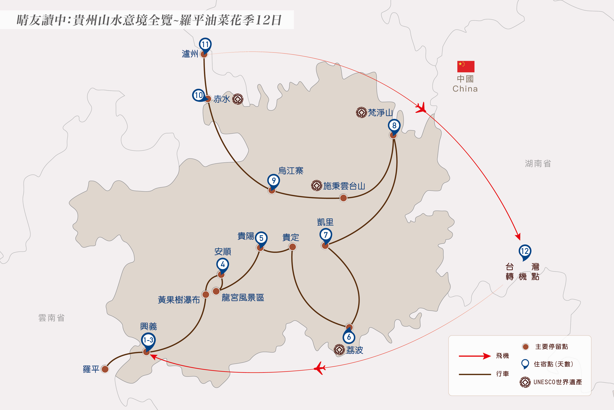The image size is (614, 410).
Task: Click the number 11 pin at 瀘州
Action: pos(205,44)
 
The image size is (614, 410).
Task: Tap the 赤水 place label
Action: pos(222,99)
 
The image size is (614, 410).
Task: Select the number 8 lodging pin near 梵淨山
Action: pos(394,126)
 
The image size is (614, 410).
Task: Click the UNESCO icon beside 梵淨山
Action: pos(362,113)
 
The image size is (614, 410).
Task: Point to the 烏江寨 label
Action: pos(291,171)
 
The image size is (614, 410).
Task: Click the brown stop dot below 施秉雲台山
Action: pos(343,198)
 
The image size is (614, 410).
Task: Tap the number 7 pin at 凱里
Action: pos(326,235)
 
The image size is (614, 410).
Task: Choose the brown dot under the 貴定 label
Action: pos(292,247)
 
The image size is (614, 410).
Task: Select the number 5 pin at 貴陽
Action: pos(261,238)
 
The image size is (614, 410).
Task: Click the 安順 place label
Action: pos(223,252)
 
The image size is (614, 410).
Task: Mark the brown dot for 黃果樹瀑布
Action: pos(206,294)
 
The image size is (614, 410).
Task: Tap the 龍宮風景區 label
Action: pos(243,298)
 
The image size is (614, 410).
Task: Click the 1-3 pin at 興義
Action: pos(148,340)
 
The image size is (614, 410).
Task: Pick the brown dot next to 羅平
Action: pos(105,369)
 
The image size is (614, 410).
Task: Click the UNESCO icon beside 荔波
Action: pos(339,350)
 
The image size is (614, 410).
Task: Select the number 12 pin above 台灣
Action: pos(525,251)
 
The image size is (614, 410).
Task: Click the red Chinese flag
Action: pos(466,67)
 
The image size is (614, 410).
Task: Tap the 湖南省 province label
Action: pos(538,164)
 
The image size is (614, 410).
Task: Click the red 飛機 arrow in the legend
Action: pos(475,356)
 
